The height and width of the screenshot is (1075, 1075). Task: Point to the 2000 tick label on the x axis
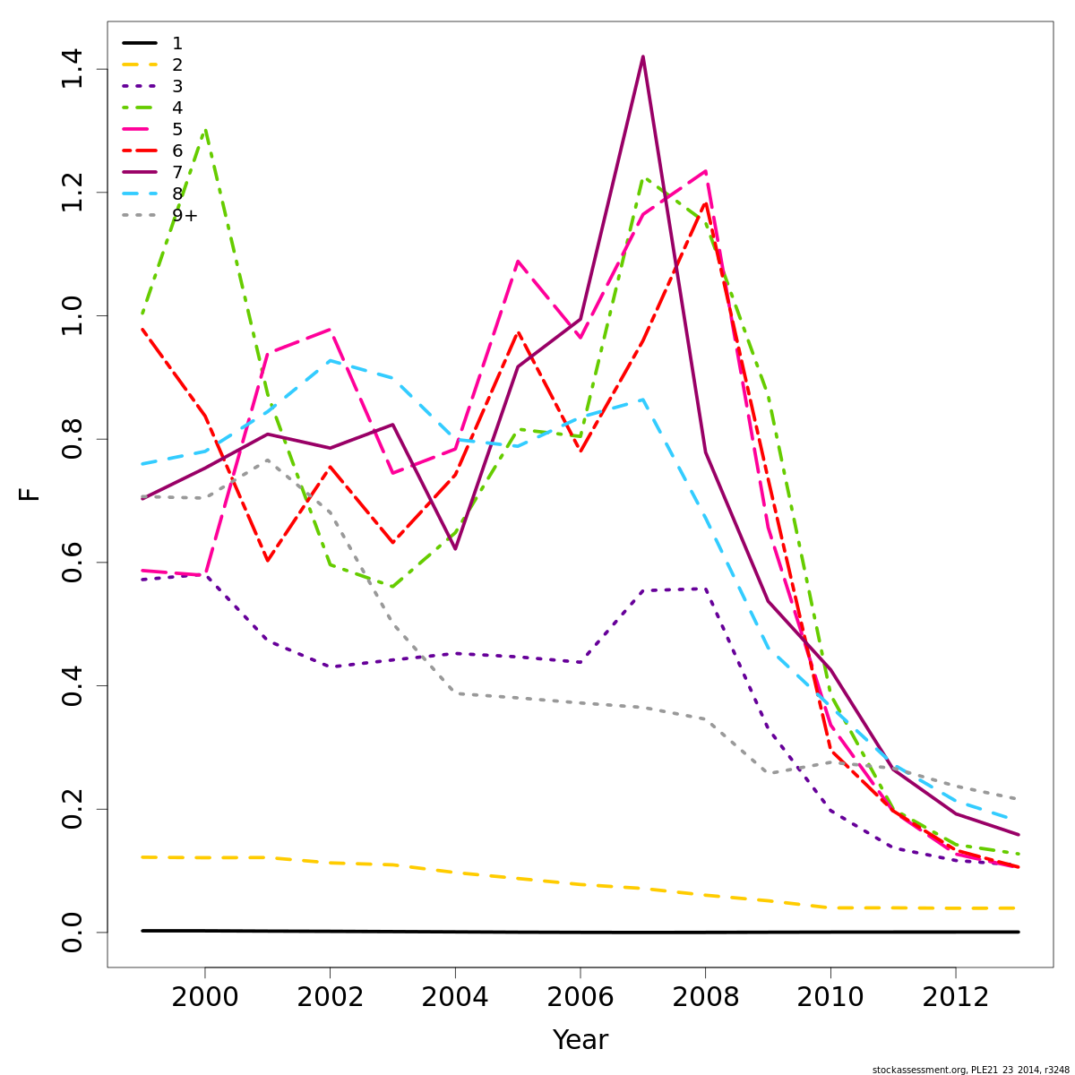tap(205, 996)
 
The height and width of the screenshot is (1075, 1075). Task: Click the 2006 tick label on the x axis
tap(580, 996)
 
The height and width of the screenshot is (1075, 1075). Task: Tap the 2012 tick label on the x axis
tap(956, 996)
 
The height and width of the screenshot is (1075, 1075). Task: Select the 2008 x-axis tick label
tap(705, 996)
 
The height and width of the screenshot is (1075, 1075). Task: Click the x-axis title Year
tap(580, 1040)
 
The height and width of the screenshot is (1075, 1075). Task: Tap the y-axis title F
tap(30, 494)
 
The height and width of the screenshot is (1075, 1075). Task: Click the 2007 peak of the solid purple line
tap(642, 56)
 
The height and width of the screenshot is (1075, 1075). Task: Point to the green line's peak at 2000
tap(206, 130)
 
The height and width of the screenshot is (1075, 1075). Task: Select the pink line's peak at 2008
tap(705, 171)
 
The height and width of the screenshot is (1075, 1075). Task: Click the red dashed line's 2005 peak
tap(518, 332)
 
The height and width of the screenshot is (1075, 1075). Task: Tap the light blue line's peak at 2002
tap(331, 361)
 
